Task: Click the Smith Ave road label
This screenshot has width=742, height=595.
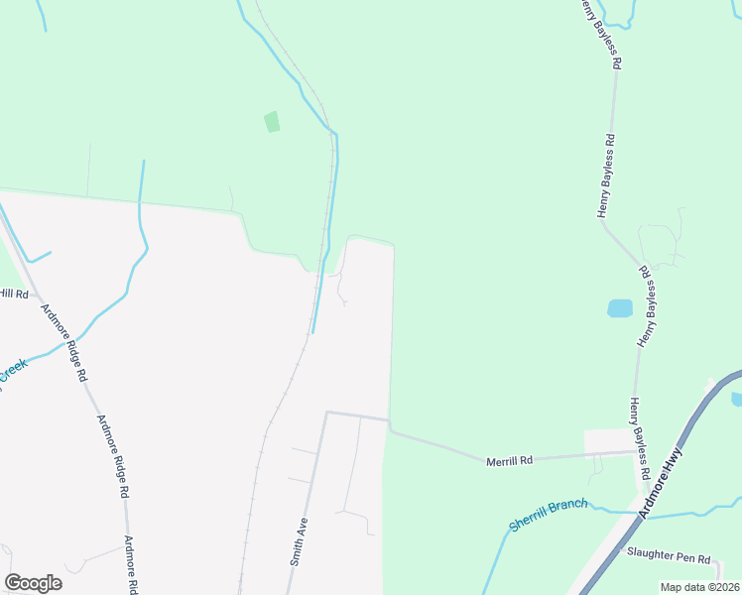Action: (300, 541)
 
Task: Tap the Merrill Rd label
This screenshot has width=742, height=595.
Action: (512, 460)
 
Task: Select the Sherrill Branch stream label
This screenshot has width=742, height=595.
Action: (549, 510)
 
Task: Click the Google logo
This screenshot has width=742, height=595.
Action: (33, 583)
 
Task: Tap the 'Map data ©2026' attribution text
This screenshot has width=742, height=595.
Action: (700, 587)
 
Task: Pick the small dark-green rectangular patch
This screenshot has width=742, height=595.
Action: (272, 122)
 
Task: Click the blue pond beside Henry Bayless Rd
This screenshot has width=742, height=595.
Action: (620, 307)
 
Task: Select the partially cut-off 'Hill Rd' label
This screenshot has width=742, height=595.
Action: (14, 294)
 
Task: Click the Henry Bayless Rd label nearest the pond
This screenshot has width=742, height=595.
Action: (648, 305)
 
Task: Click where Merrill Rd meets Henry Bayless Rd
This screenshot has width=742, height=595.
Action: (636, 452)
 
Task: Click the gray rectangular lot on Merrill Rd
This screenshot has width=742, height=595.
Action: (607, 439)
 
